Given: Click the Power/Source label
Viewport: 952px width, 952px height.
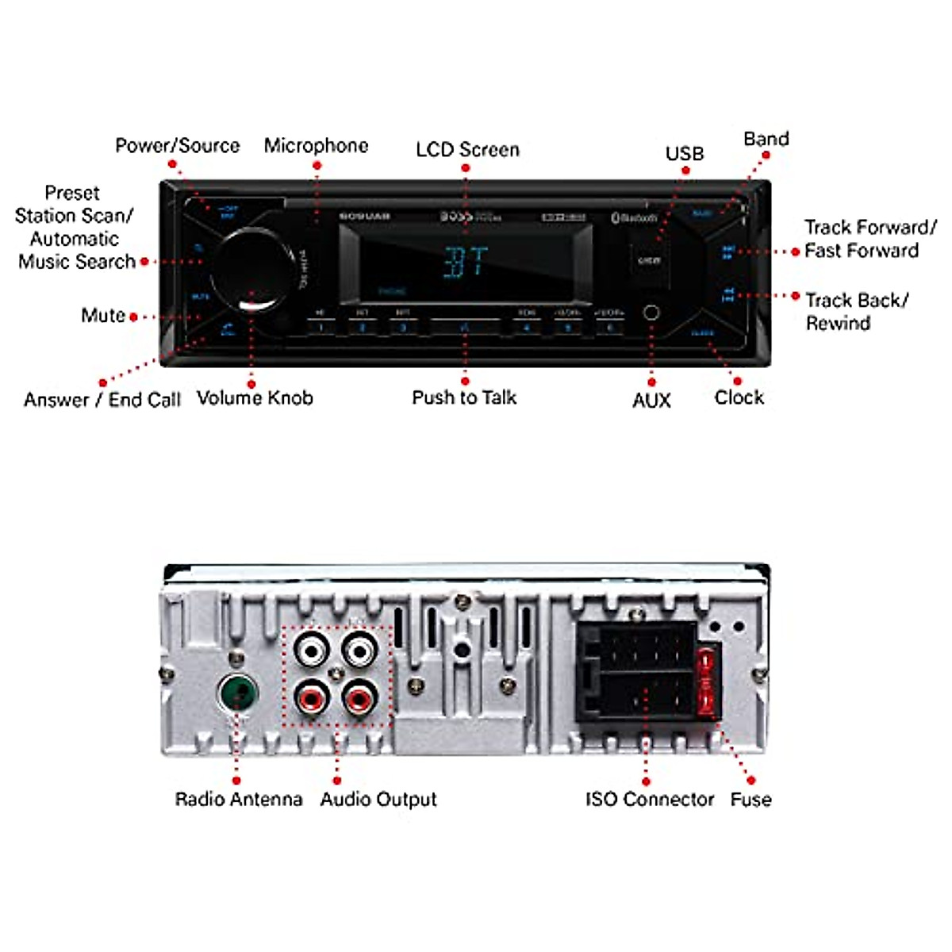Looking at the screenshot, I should click(x=177, y=146).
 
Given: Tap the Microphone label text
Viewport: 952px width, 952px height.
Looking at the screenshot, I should click(x=316, y=146).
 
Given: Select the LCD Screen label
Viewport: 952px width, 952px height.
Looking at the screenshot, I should click(x=467, y=150).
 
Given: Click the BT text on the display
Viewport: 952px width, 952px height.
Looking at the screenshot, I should click(x=466, y=262).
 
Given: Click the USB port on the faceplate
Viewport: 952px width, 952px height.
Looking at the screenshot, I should click(x=650, y=260).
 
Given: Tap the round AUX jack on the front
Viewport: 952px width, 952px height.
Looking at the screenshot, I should click(x=651, y=312).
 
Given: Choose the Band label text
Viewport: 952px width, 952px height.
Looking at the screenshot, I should click(x=766, y=139).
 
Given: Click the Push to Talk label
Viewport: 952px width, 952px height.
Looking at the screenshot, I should click(x=464, y=397).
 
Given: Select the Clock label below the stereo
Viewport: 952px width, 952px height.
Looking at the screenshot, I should click(x=739, y=397).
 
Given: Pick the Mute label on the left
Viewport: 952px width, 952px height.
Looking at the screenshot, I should click(x=103, y=316).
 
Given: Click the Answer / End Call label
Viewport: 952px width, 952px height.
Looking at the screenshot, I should click(x=102, y=400).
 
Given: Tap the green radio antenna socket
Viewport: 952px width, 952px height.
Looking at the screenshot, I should click(x=237, y=694).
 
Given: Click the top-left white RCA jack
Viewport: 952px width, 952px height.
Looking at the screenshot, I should click(x=310, y=652).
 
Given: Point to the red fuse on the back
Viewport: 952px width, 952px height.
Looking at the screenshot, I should click(x=707, y=681).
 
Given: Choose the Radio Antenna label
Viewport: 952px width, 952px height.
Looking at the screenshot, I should click(x=238, y=800).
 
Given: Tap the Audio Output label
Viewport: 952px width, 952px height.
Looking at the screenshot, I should click(x=378, y=800).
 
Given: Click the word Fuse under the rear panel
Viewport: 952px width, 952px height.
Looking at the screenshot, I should click(x=750, y=800).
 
